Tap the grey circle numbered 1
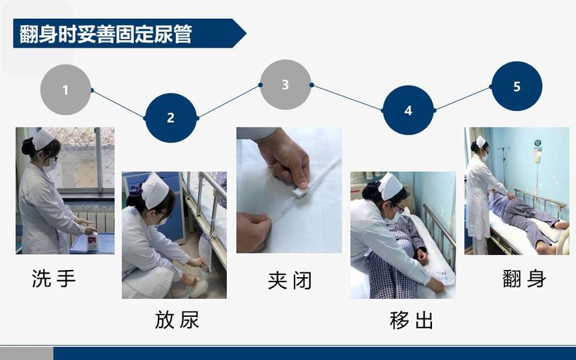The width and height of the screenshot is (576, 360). click(x=66, y=90)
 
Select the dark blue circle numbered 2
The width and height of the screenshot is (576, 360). click(x=171, y=117)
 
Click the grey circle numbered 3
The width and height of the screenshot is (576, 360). click(x=285, y=85)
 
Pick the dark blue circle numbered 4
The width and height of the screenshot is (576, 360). click(x=408, y=110)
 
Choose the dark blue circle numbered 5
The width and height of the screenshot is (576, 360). click(x=516, y=86)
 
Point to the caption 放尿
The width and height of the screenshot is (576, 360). click(x=177, y=320)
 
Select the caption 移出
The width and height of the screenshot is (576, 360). click(x=411, y=320)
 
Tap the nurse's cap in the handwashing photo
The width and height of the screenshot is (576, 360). click(x=44, y=138)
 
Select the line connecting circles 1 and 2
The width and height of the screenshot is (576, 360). click(x=118, y=104)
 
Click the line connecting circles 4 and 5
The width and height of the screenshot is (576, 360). click(x=462, y=99)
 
